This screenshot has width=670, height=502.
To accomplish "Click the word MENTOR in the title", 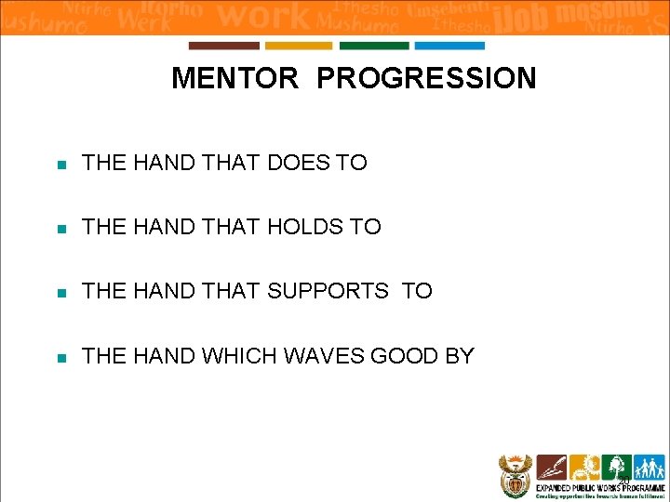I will (234, 78).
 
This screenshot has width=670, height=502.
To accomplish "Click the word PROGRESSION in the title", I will (426, 78).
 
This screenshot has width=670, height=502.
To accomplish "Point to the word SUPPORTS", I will (328, 291).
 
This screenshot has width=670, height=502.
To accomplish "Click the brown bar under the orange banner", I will (223, 46).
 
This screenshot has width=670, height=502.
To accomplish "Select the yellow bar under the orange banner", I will (299, 46).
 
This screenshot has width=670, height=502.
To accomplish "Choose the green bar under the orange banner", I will (374, 46).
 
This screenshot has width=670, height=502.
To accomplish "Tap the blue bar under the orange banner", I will (449, 46).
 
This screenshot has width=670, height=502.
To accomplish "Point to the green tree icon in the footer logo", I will (615, 467).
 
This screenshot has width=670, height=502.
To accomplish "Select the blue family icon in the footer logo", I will (647, 467).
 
